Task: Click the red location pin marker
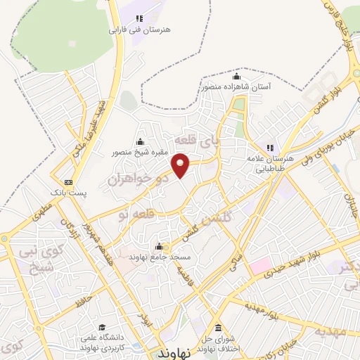(181, 165)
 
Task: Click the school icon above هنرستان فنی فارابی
(139, 18)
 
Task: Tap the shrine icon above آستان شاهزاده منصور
(237, 77)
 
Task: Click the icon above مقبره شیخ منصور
(139, 141)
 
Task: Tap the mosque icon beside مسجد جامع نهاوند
(159, 247)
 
